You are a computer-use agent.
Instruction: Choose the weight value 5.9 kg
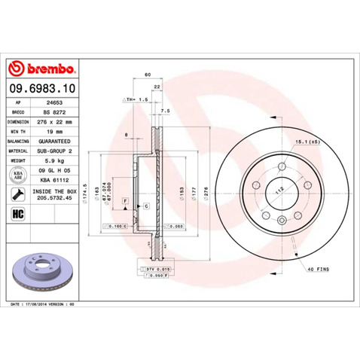point(53,160)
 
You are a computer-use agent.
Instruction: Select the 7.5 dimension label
point(166,111)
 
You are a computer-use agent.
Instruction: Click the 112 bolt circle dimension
point(279,191)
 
